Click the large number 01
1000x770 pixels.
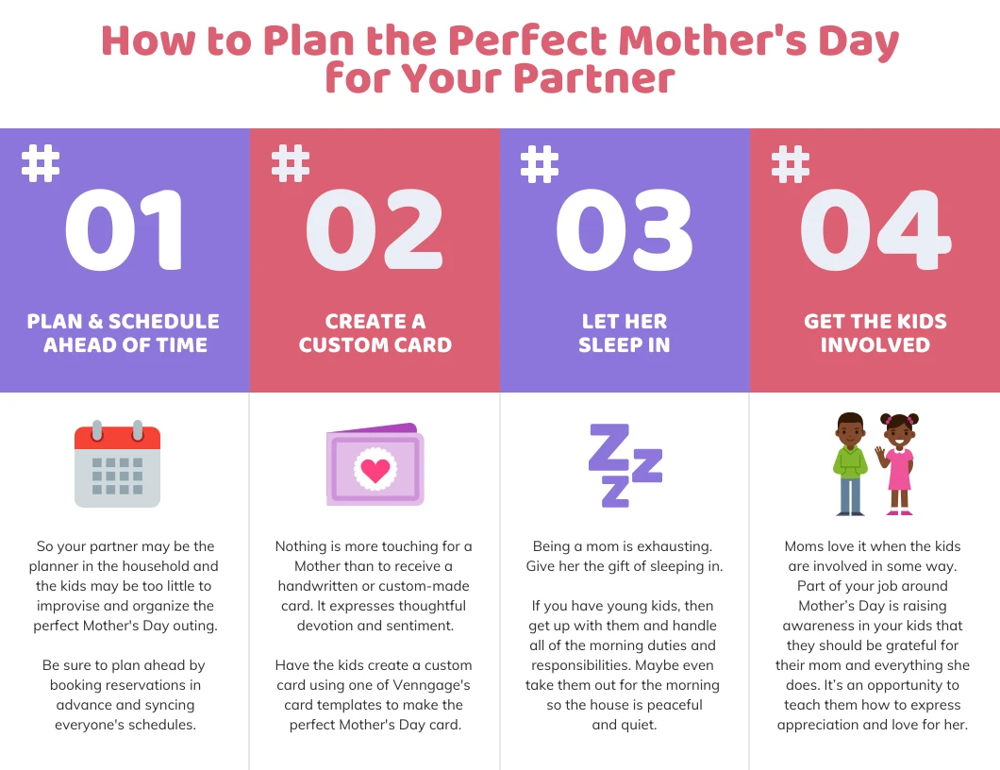click(125, 231)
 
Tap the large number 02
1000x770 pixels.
click(375, 231)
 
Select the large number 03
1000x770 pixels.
click(625, 231)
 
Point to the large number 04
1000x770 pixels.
click(875, 231)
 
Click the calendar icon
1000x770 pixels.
click(117, 464)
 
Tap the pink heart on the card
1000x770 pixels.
click(375, 470)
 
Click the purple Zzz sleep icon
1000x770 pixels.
click(624, 465)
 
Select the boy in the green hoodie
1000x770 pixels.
click(850, 463)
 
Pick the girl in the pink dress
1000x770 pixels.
click(899, 463)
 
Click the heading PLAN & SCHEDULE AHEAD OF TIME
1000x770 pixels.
click(125, 333)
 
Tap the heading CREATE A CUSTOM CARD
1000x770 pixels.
click(375, 333)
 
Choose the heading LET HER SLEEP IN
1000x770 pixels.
click(625, 333)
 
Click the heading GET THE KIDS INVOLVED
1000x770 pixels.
click(875, 333)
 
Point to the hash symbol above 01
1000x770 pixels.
click(41, 162)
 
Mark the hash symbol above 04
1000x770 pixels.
click(791, 162)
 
